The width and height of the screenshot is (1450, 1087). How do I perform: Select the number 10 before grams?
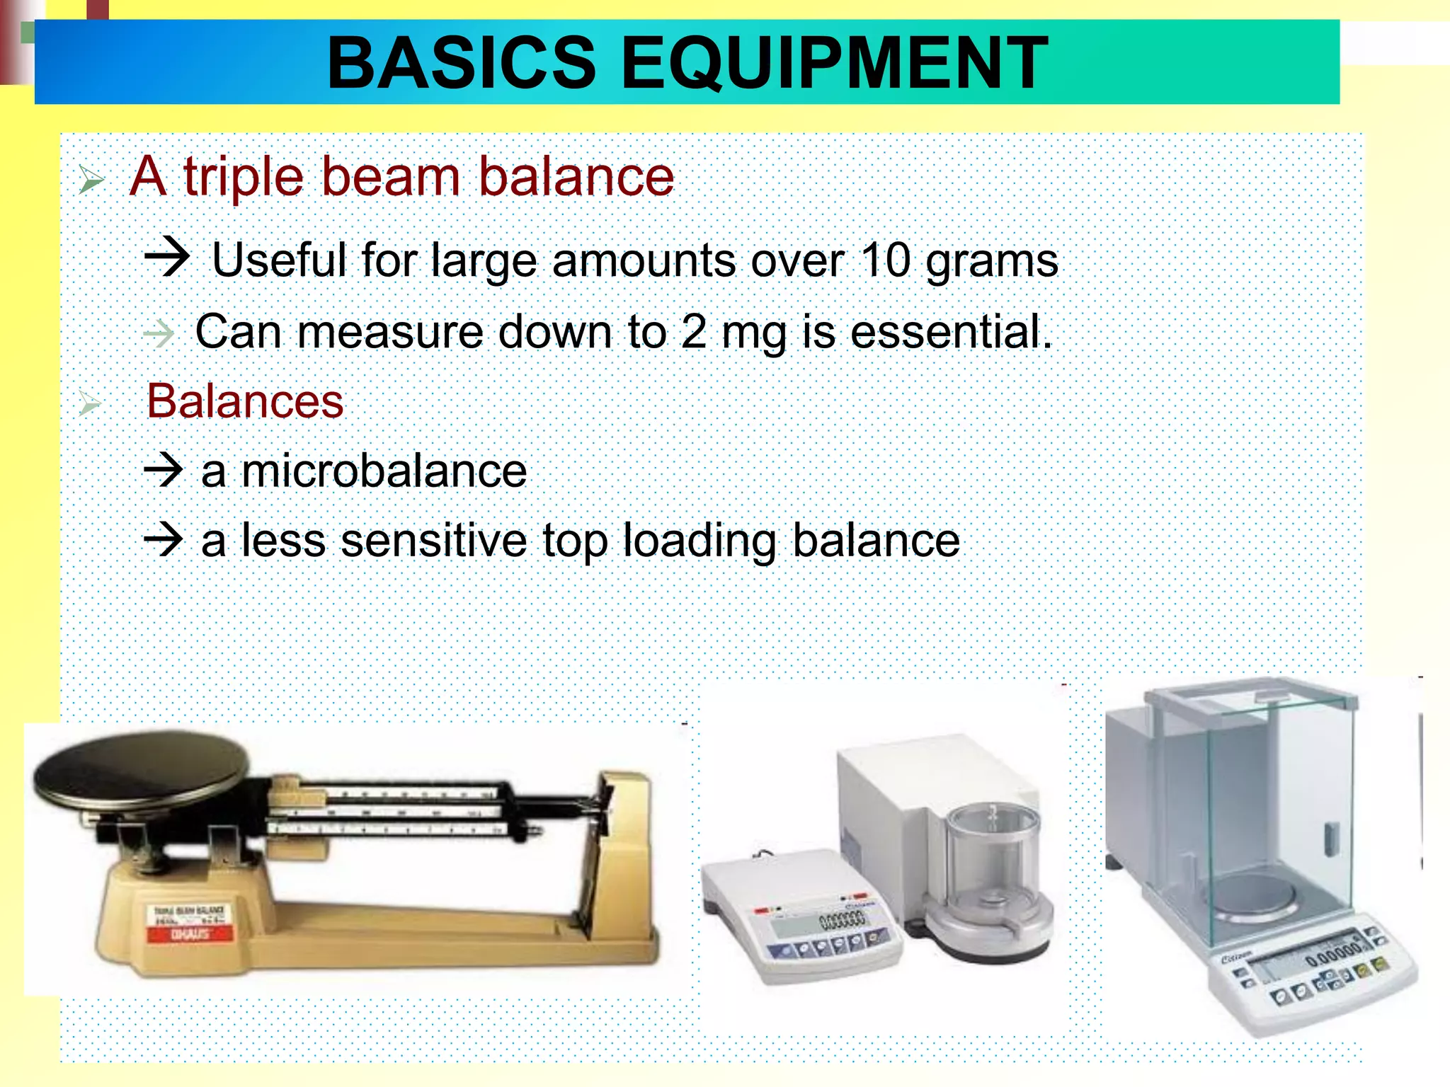885,260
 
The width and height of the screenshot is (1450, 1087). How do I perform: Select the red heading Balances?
245,401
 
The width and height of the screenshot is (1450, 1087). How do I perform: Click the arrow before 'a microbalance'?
164,470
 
